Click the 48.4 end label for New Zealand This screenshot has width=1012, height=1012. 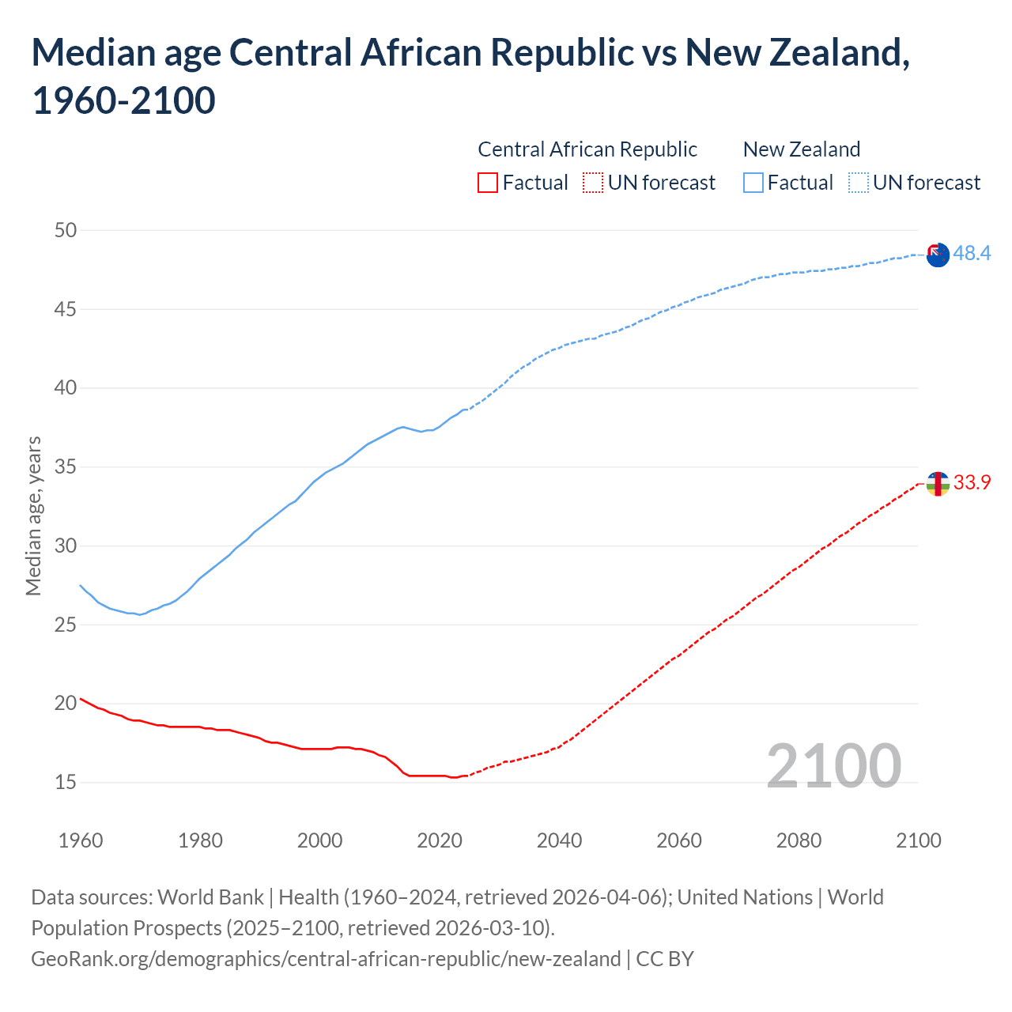[x=972, y=253]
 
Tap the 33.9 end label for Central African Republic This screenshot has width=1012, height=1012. [x=972, y=482]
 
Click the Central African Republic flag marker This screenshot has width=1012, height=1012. [x=938, y=484]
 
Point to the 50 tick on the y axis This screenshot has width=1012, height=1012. [x=66, y=230]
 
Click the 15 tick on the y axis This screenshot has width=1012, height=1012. [x=66, y=782]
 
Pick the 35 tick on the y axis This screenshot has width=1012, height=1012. [x=66, y=466]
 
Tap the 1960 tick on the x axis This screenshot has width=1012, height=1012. [x=81, y=840]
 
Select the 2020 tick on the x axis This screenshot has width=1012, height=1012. [x=440, y=840]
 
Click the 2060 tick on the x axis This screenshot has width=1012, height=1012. [x=679, y=840]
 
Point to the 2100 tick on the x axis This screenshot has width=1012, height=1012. [x=919, y=840]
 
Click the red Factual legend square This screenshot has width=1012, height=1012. [x=488, y=183]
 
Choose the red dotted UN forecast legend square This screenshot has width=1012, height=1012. [x=593, y=183]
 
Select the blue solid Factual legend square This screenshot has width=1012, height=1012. [x=753, y=183]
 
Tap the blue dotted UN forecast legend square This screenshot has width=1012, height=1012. [x=859, y=183]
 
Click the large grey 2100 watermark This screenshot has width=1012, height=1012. [x=833, y=765]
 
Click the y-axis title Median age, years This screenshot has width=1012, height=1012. [x=33, y=515]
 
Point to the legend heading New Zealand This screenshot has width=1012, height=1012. [x=802, y=149]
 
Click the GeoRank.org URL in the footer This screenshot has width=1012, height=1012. [x=326, y=959]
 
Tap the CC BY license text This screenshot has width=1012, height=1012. [x=665, y=959]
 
